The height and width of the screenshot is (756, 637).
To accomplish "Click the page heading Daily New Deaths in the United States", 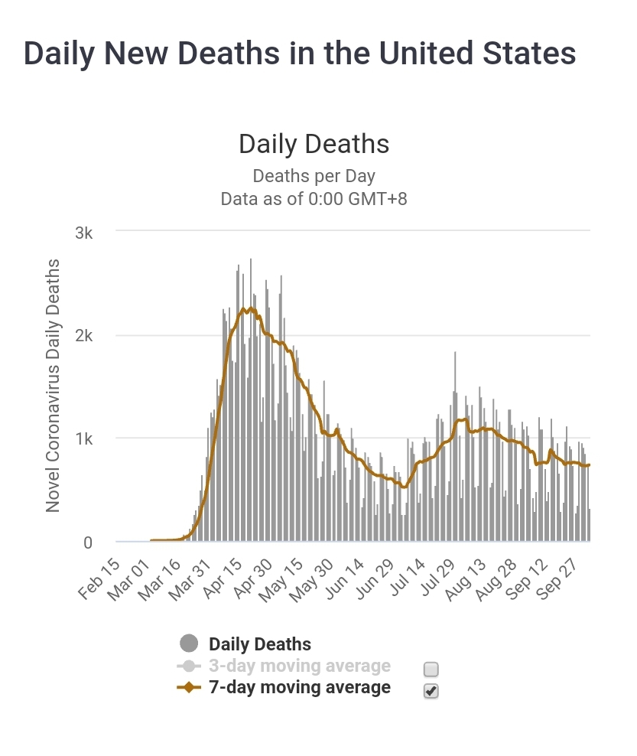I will coord(300,54).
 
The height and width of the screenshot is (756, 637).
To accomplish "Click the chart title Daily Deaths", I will coord(314,144).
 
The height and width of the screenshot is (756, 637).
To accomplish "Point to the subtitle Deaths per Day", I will coord(314,176).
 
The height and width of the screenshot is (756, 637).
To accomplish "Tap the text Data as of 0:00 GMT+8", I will coord(314,199).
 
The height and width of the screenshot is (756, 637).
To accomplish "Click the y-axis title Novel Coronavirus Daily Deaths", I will coord(54,386).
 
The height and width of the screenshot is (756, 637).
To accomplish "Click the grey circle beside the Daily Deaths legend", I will coord(188,644).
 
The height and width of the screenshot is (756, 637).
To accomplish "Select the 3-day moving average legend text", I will coord(299,666).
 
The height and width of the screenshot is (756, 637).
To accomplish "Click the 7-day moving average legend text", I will coord(299,687).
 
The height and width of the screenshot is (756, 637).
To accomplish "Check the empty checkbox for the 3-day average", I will coord(431,670).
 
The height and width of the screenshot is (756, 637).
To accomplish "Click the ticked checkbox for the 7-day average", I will coord(431,691).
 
